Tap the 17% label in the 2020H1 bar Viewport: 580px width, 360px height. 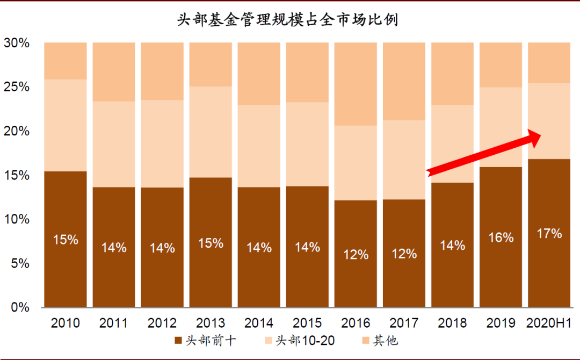point(549,233)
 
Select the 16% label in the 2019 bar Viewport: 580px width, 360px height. point(501,237)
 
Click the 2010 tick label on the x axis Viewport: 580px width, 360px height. point(66,323)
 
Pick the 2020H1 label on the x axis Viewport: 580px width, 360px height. point(549,323)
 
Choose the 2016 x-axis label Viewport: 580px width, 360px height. point(356,323)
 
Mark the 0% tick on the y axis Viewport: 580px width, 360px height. point(20,307)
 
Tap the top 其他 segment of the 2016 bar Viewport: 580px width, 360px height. point(356,83)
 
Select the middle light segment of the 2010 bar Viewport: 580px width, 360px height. point(66,125)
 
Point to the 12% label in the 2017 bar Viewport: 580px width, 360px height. point(404,254)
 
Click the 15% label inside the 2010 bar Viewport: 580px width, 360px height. point(66,240)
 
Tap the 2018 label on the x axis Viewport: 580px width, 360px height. point(452,323)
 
